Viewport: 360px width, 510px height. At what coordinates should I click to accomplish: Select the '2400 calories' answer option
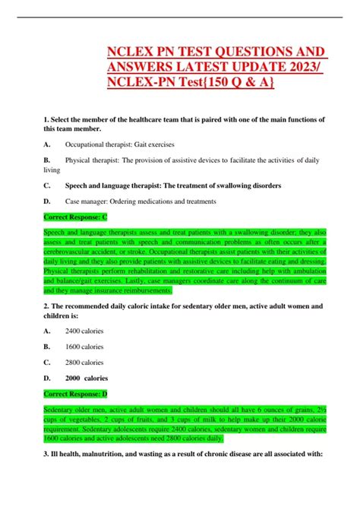point(84,331)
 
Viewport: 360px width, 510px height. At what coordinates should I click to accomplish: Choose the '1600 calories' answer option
point(84,346)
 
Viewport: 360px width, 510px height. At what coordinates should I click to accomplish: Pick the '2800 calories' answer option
point(84,361)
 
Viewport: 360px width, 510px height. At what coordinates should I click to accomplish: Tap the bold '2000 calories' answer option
point(87,377)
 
